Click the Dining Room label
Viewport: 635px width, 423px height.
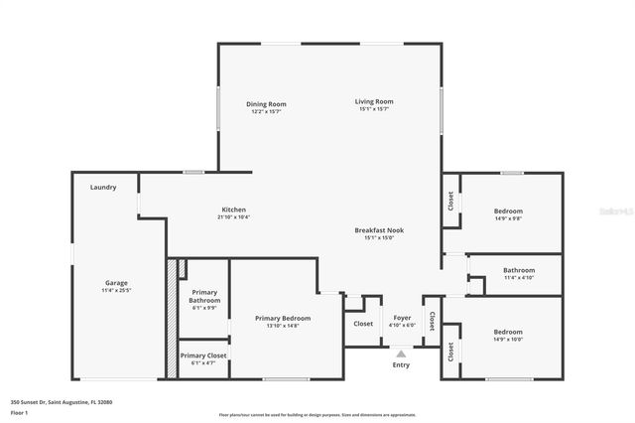pyautogui.click(x=267, y=104)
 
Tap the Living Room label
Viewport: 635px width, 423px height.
pyautogui.click(x=376, y=101)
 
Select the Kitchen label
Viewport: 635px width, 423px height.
pyautogui.click(x=233, y=210)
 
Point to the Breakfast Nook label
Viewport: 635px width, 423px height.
pyautogui.click(x=379, y=230)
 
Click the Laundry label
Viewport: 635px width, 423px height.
pyautogui.click(x=103, y=187)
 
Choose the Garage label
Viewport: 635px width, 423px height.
pyautogui.click(x=116, y=283)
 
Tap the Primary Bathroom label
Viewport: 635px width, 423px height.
pyautogui.click(x=204, y=297)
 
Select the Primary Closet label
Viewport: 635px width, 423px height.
pyautogui.click(x=203, y=354)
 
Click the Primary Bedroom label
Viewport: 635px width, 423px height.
pyautogui.click(x=283, y=318)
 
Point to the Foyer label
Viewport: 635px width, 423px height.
pyautogui.click(x=402, y=318)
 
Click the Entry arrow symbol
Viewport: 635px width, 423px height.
pyautogui.click(x=401, y=352)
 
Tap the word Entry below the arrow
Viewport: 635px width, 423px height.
pyautogui.click(x=401, y=364)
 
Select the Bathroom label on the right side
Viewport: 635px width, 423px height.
pyautogui.click(x=519, y=270)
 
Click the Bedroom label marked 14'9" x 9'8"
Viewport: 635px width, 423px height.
pyautogui.click(x=508, y=211)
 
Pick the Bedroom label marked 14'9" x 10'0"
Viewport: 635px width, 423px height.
pyautogui.click(x=508, y=332)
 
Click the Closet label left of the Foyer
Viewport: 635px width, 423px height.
pyautogui.click(x=363, y=323)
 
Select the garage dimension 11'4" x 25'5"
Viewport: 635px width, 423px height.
pyautogui.click(x=116, y=291)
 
